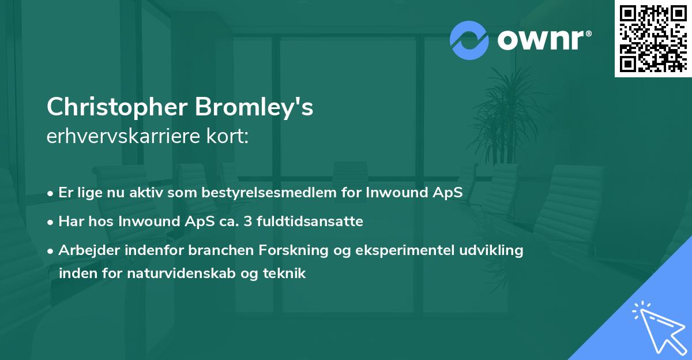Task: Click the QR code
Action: click(653, 38)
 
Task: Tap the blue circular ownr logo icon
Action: click(469, 40)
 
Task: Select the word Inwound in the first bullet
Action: click(394, 192)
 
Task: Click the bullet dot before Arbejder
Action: click(51, 251)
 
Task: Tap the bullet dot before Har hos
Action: click(51, 222)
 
